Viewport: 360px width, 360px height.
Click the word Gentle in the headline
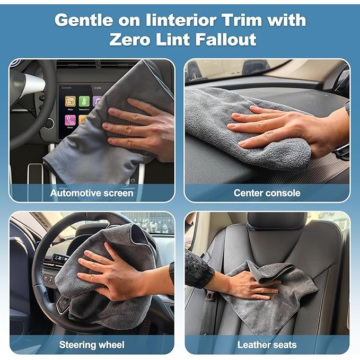pos(84,20)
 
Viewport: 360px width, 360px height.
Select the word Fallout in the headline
pos(225,39)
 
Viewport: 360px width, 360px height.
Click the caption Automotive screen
pos(92,193)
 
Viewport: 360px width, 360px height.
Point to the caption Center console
pos(267,193)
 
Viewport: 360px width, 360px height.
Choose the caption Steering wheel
pos(92,345)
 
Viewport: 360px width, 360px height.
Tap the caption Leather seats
pos(267,345)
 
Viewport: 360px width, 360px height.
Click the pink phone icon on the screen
pos(71,120)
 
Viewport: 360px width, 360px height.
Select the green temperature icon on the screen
pos(84,101)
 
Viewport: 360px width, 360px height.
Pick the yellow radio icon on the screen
pos(71,101)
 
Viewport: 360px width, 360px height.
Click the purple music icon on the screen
pos(97,101)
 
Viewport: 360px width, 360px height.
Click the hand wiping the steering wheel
pos(115,276)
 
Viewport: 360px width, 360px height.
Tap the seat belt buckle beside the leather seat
pos(210,295)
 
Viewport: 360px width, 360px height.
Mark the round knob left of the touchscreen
pos(49,124)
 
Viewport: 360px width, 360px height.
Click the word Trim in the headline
pos(242,20)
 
